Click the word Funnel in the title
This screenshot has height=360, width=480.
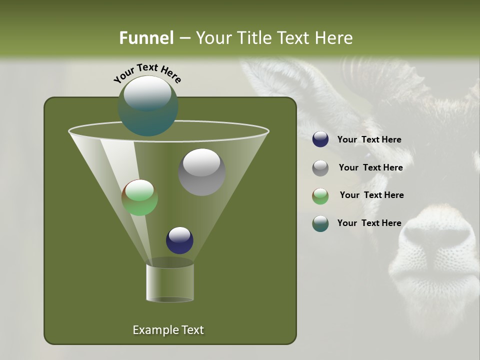point(146,38)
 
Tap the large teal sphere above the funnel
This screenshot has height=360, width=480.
point(148,106)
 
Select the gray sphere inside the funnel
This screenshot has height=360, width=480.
point(201,171)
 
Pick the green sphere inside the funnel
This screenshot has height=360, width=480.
point(139,197)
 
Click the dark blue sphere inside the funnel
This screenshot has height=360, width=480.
point(179,240)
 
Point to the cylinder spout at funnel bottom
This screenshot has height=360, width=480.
point(169,282)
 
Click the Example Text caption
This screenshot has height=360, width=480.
point(168,330)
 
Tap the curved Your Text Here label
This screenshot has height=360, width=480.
point(147,72)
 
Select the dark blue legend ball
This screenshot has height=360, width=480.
point(320,139)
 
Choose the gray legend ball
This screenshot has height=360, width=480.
point(320,168)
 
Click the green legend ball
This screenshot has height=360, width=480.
point(320,196)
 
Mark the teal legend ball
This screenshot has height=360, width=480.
point(320,223)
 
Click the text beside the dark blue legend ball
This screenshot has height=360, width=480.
point(369,140)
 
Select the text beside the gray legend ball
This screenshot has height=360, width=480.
point(370,168)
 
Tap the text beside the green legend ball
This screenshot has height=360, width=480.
point(371,195)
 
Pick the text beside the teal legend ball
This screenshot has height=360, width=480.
point(369,223)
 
